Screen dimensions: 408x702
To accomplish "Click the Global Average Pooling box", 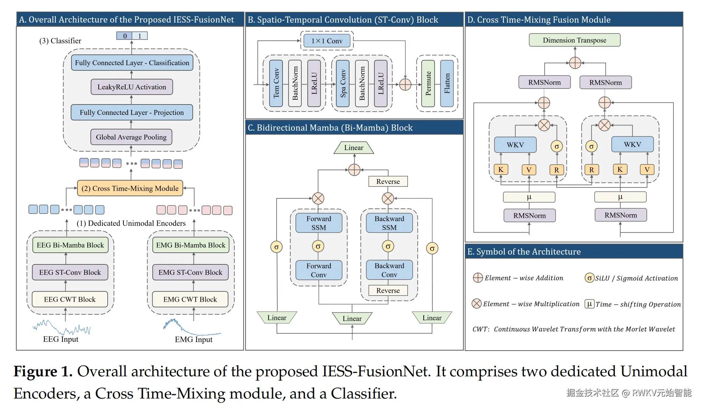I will point(131,137).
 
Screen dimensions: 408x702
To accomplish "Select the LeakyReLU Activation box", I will point(132,87).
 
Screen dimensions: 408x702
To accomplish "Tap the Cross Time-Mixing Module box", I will point(130,188).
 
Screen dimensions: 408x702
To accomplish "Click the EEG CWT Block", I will point(70,299).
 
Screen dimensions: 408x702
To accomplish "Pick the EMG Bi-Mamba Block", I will point(190,245).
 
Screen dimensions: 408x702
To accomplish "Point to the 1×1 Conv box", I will point(327,41).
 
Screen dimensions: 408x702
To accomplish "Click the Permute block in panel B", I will point(428,84).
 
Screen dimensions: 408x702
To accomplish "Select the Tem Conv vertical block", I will point(276,84).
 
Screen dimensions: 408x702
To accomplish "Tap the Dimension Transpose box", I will point(574,40).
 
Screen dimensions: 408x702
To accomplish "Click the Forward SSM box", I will point(318,223).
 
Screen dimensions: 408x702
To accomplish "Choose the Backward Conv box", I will point(389,270).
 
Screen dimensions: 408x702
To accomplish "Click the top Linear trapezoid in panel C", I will point(354,148).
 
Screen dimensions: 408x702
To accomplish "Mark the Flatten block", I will point(447,84).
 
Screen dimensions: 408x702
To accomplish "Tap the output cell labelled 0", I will point(125,36).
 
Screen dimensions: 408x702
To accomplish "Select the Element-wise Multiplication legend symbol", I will point(476,303).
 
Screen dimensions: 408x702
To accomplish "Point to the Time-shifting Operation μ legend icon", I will point(589,304).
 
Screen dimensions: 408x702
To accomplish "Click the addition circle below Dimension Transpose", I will point(575,63).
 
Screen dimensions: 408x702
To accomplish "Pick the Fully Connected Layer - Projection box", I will point(132,112).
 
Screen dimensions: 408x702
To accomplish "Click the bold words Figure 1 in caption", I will point(43,371).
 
